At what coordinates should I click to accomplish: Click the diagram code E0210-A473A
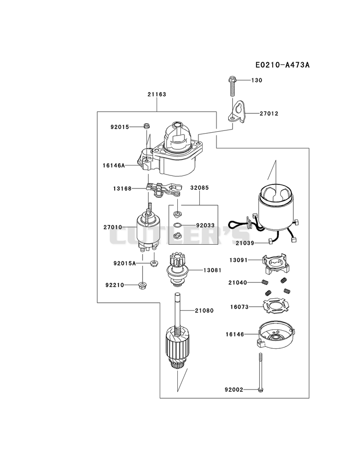click(x=282, y=65)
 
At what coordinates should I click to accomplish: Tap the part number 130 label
click(x=256, y=80)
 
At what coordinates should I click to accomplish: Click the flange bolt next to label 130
click(x=232, y=86)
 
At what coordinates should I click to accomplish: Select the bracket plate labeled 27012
click(x=237, y=112)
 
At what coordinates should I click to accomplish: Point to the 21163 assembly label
click(x=157, y=94)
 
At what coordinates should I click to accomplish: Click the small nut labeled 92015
click(x=147, y=126)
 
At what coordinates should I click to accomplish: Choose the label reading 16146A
click(x=113, y=165)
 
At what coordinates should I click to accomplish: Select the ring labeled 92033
click(x=178, y=224)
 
